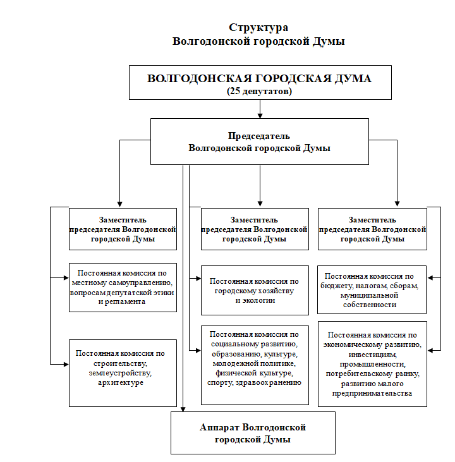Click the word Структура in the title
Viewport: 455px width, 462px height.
[x=259, y=28]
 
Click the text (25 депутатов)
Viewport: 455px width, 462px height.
[x=259, y=91]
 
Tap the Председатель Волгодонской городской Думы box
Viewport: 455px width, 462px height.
[x=259, y=142]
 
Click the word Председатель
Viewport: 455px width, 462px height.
[x=259, y=136]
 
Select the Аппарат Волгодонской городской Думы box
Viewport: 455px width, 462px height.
[x=253, y=432]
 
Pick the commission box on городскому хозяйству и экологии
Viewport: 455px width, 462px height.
[x=255, y=290]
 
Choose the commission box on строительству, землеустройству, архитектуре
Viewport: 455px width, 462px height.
[x=123, y=372]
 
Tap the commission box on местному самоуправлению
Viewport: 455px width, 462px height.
[x=123, y=287]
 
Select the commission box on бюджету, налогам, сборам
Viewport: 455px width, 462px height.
[x=372, y=290]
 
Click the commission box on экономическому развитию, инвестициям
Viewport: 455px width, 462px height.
[x=372, y=363]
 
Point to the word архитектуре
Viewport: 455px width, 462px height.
[x=123, y=382]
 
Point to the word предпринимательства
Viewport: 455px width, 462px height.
[x=372, y=393]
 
